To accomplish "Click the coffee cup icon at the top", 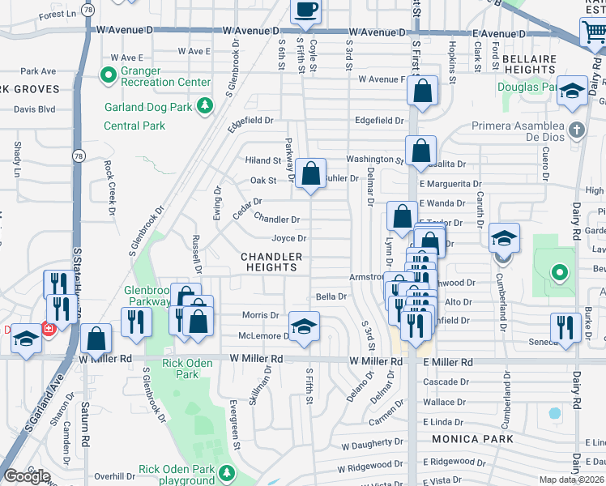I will tap(306, 10).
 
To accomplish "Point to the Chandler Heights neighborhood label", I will tap(271, 262).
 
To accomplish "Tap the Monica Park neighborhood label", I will tap(474, 439).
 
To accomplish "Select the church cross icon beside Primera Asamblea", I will tap(576, 130).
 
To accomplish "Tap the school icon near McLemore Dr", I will tap(305, 326).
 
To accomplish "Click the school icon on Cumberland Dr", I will tap(503, 238).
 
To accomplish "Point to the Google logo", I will tap(26, 476).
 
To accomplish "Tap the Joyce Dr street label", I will tap(288, 238).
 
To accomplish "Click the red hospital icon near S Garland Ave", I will tap(48, 330).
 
